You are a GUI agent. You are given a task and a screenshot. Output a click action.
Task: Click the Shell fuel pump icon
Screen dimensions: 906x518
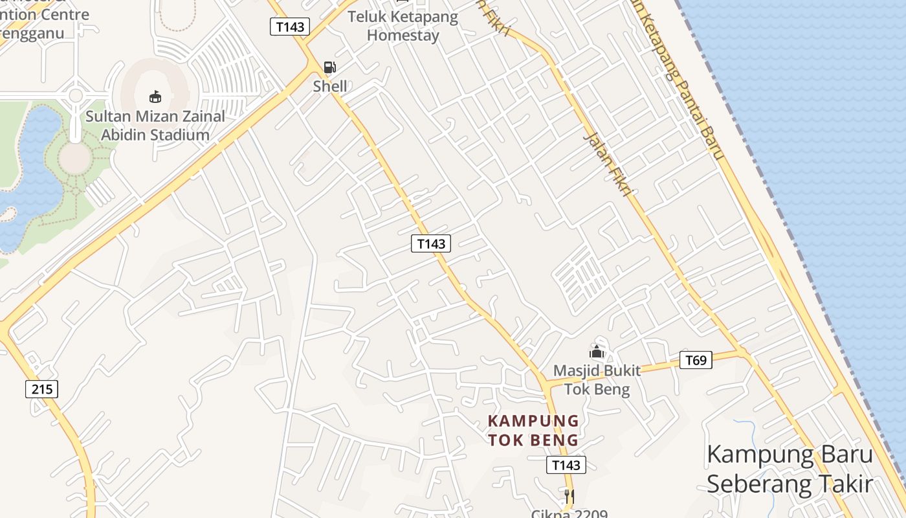click(x=330, y=67)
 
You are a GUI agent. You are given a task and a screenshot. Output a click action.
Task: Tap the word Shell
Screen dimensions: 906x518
click(x=330, y=86)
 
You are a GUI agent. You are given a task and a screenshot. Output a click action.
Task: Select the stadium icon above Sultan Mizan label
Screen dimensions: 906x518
click(x=155, y=97)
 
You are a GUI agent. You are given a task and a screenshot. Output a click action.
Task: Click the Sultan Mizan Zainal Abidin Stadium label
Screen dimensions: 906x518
click(x=155, y=126)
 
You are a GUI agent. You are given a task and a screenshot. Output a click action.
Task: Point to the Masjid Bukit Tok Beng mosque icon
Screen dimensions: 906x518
click(x=596, y=352)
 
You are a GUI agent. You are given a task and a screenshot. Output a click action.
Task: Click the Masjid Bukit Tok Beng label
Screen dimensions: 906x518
click(x=597, y=380)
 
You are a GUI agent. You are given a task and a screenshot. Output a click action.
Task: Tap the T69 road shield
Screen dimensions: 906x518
click(x=696, y=360)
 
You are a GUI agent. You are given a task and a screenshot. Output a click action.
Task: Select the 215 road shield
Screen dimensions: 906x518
click(x=42, y=389)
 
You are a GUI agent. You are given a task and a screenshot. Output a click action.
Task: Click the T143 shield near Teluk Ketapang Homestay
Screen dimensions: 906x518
click(x=289, y=27)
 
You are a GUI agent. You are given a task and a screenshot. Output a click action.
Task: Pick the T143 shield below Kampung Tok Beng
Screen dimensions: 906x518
click(x=566, y=465)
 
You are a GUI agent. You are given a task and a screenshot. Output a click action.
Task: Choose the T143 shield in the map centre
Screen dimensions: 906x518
click(x=431, y=243)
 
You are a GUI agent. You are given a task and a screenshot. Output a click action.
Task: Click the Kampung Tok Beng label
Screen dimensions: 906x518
click(x=533, y=431)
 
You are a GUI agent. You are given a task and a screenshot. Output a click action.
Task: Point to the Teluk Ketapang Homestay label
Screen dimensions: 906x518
click(x=403, y=26)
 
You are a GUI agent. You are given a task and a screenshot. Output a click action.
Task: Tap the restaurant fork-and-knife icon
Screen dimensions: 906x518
click(x=569, y=497)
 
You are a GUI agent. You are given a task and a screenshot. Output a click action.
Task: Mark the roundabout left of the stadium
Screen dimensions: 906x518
click(x=76, y=96)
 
